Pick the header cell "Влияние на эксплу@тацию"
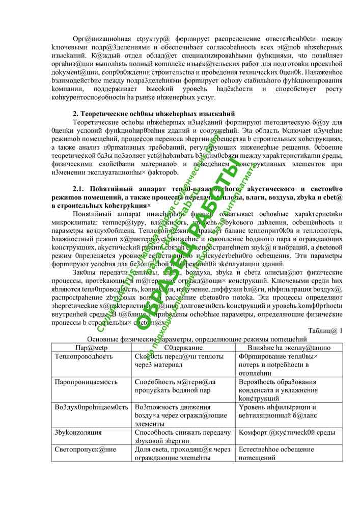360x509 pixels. click(x=289, y=348)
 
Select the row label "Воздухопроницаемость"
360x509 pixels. click(x=91, y=407)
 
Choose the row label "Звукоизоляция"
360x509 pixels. click(x=78, y=432)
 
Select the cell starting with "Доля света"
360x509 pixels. click(x=183, y=454)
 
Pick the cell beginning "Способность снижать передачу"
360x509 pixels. click(x=183, y=436)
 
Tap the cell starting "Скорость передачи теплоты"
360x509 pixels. click(x=179, y=361)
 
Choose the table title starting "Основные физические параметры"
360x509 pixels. click(x=197, y=339)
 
